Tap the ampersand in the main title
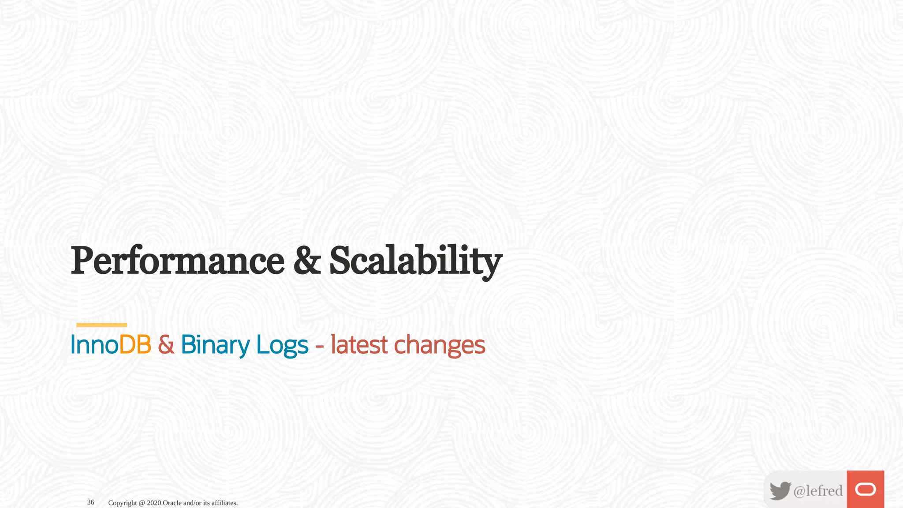pos(307,261)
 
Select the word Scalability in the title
pos(415,261)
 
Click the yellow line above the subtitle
pos(101,325)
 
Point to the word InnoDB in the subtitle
pos(111,345)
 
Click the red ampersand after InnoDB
pos(166,345)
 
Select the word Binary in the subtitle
pos(215,345)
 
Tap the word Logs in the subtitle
pos(282,345)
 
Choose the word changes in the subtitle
pos(440,345)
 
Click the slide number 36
pos(90,502)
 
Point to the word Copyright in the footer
pos(122,503)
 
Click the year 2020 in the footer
pos(154,503)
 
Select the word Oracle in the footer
pos(172,503)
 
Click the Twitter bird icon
pos(780,490)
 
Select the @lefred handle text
pos(818,490)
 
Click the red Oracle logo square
pos(865,489)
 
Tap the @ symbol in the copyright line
pos(142,503)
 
